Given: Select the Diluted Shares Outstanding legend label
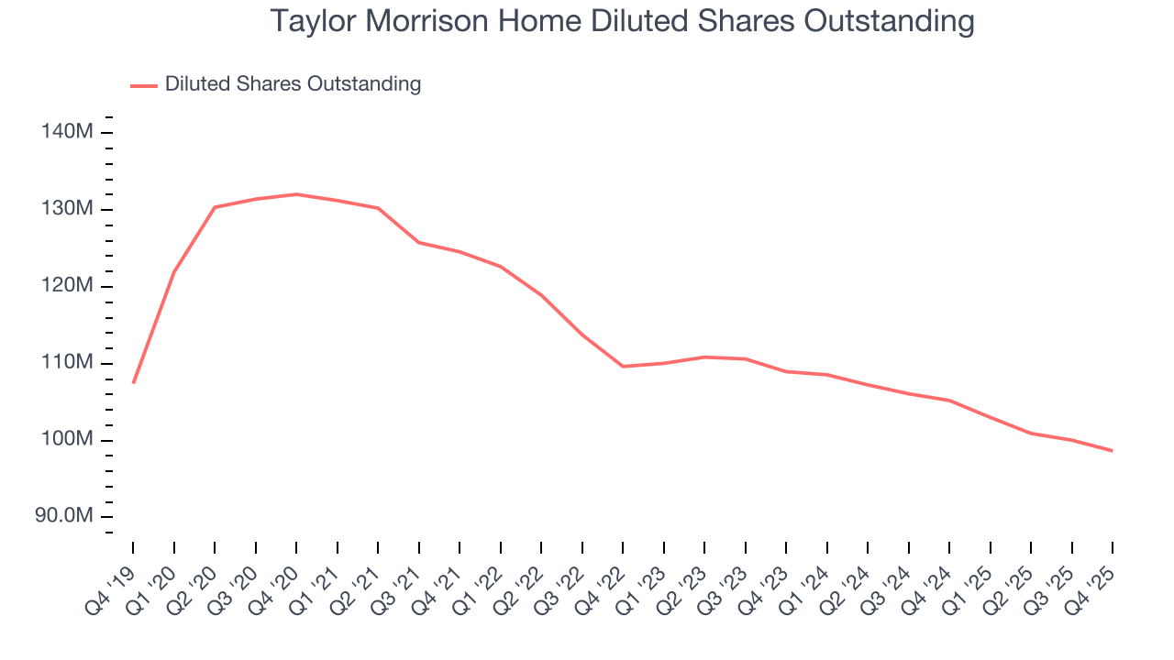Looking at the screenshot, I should [x=293, y=84].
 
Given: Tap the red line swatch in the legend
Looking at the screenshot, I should [x=144, y=85].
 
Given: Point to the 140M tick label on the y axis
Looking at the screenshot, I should [x=67, y=132].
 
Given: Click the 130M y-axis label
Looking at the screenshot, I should [x=67, y=209].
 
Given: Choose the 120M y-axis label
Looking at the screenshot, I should [x=67, y=286].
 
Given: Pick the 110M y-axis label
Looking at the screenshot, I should [x=67, y=363].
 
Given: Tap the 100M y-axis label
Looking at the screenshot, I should [x=67, y=440].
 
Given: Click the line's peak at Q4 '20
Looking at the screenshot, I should [x=296, y=194].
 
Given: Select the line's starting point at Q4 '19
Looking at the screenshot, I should [x=133, y=382].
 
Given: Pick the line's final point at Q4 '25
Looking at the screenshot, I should [x=1112, y=450].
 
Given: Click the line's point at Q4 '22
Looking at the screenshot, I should [x=623, y=366].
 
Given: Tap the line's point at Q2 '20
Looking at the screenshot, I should [x=215, y=207].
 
